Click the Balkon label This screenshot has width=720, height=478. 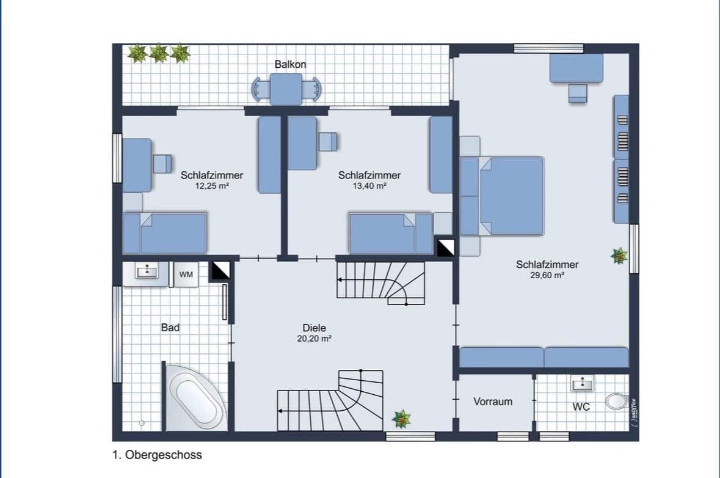point(290,64)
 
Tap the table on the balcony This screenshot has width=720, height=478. point(286,89)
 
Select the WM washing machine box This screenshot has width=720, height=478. point(186,274)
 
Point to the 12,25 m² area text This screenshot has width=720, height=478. point(211,186)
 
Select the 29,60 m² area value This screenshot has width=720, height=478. point(547,276)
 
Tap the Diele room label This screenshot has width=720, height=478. point(314,328)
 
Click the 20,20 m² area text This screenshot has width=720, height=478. point(314,338)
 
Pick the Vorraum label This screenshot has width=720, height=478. point(492,402)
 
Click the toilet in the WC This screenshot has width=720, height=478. point(616,401)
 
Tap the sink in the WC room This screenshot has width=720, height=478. point(583,384)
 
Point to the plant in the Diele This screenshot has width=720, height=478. point(401,419)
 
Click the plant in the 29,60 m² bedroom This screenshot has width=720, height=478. point(619,256)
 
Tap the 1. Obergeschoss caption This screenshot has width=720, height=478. point(157,455)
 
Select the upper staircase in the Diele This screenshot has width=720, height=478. point(380,282)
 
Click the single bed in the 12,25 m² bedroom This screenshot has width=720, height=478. point(165,232)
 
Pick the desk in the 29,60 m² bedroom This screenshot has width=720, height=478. point(576,68)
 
